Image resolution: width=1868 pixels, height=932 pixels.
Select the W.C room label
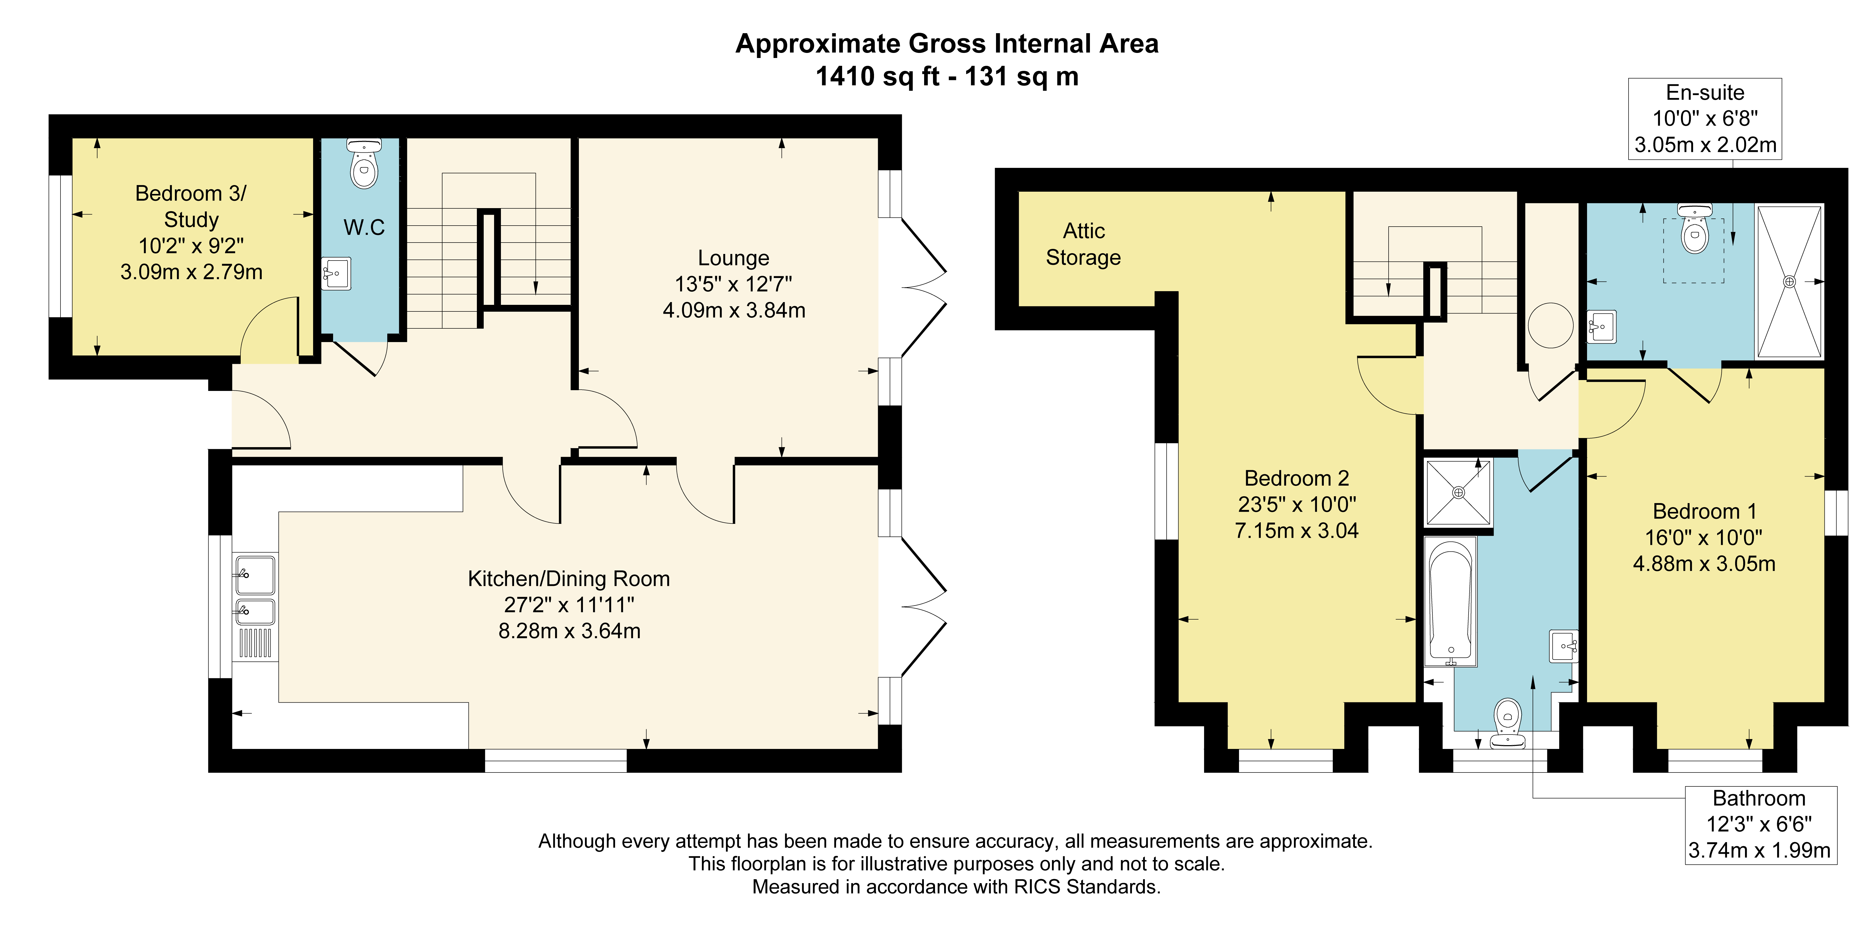[x=364, y=228]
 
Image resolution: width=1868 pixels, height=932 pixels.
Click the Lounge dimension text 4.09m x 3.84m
[x=734, y=310]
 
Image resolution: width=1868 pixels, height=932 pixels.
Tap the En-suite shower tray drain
[x=1789, y=281]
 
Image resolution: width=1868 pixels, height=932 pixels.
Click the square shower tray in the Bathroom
[x=1458, y=492]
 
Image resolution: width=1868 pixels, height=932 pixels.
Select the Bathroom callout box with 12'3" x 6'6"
[x=1760, y=825]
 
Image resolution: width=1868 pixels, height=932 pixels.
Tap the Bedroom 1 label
[x=1704, y=511]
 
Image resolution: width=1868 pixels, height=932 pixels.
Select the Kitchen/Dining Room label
[x=568, y=579]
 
